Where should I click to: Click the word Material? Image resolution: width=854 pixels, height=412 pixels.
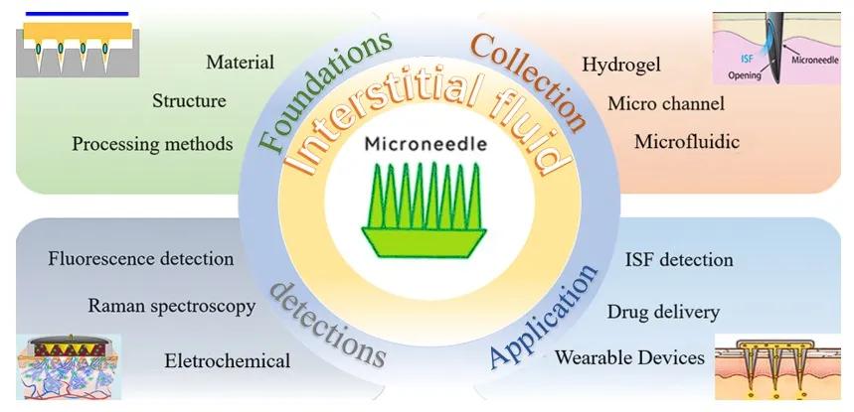(241, 63)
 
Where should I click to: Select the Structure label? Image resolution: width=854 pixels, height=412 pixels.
(189, 100)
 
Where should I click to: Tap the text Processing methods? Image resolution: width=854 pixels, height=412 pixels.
(152, 144)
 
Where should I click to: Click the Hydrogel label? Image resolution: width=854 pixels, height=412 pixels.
(621, 65)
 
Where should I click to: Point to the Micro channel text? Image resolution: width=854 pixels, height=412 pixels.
(666, 103)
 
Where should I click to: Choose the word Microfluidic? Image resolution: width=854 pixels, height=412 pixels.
(687, 142)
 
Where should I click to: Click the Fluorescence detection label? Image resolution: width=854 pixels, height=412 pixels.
(141, 258)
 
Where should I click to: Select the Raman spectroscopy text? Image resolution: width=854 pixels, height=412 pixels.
(172, 307)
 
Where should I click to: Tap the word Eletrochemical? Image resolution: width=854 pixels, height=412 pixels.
(227, 360)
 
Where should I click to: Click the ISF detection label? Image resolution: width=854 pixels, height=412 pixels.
(679, 260)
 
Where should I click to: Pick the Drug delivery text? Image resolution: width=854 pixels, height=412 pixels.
(663, 313)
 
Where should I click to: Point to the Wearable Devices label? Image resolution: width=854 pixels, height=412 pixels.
(629, 357)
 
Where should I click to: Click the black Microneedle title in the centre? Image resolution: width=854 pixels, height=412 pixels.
(426, 144)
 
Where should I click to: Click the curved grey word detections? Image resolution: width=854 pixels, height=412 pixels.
(328, 326)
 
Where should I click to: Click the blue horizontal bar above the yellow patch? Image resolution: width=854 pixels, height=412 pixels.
(77, 14)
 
